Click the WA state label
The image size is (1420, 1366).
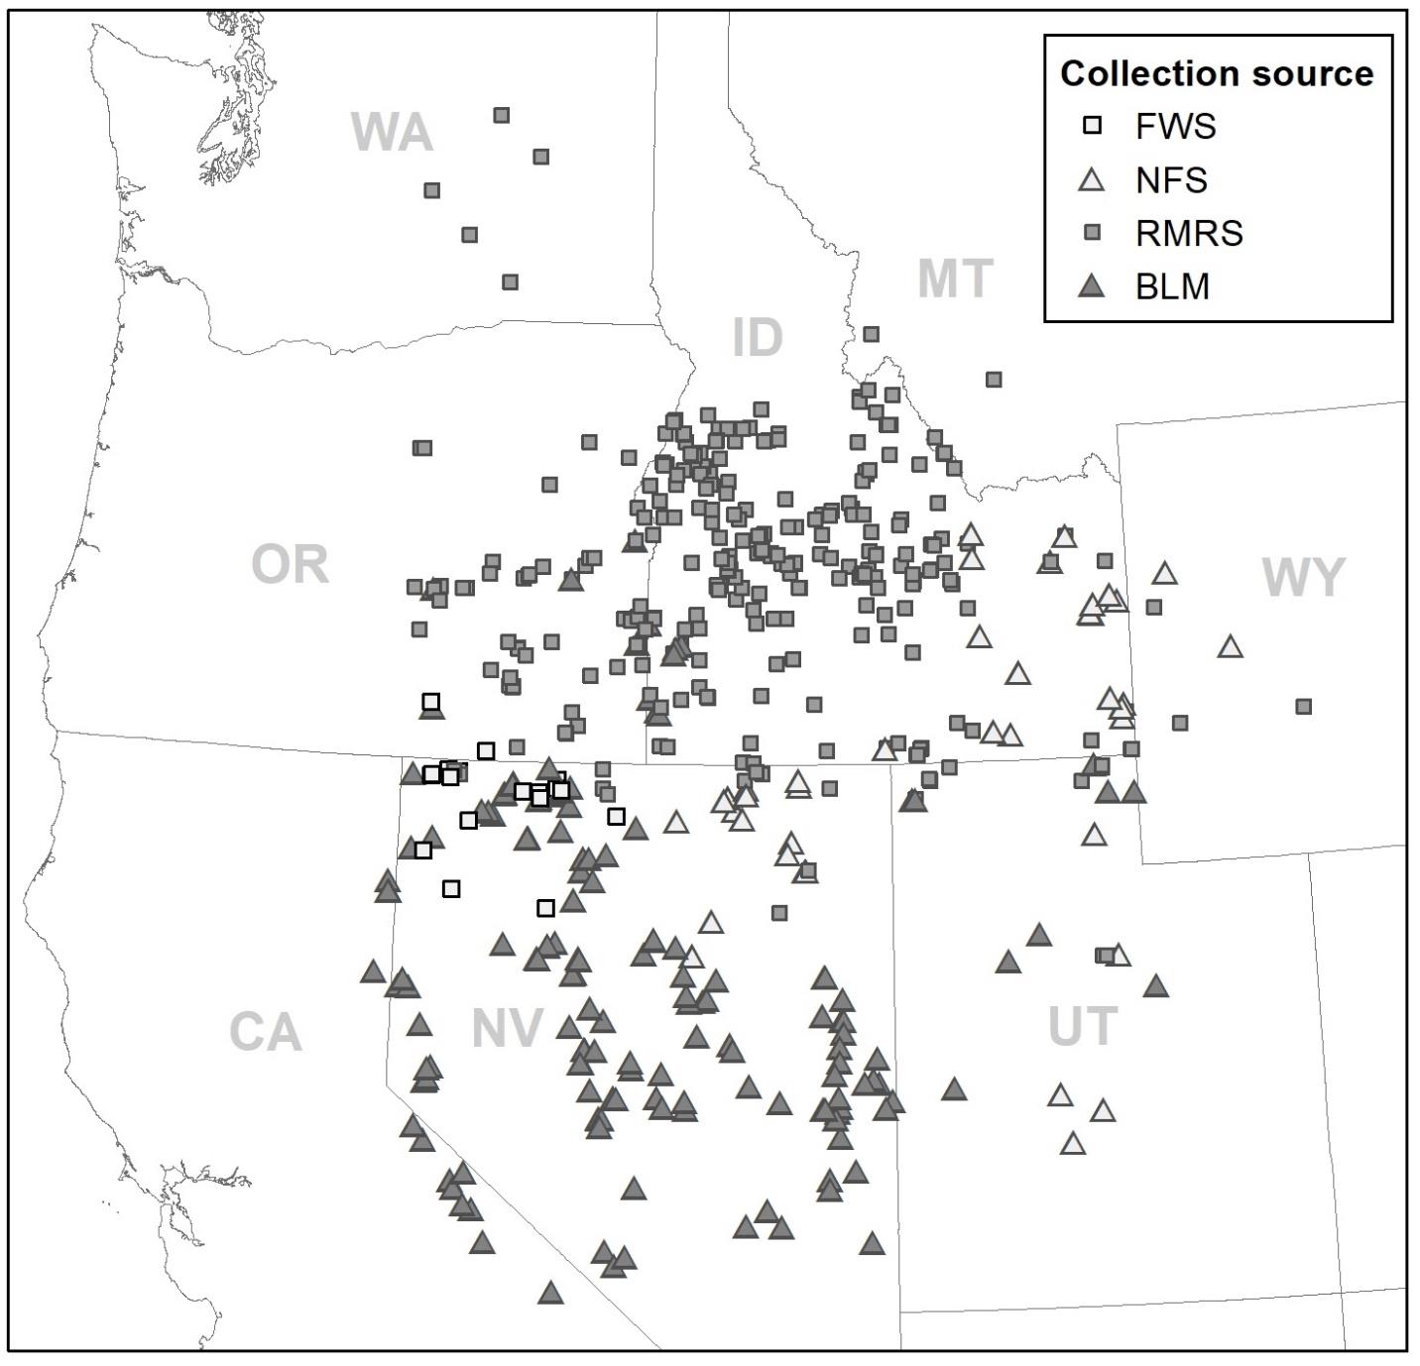392,133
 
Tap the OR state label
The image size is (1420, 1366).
290,565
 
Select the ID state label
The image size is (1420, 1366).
758,338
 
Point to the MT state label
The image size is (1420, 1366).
955,280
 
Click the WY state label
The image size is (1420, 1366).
1303,578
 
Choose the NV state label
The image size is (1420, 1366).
507,1029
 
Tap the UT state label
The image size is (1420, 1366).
1083,1027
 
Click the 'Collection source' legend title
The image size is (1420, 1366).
1217,73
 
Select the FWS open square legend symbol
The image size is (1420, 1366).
1093,126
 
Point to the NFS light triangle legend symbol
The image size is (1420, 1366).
1093,179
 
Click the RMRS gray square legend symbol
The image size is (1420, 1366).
1093,233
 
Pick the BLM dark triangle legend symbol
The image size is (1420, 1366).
1093,286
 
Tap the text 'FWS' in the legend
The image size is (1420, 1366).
1175,126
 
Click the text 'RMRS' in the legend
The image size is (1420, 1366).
1189,233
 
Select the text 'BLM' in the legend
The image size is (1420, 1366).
1172,286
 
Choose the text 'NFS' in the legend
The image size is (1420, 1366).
1171,179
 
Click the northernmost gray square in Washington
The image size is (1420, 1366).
502,115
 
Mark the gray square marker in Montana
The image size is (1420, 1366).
994,380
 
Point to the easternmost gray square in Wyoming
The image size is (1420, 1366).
1304,707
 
